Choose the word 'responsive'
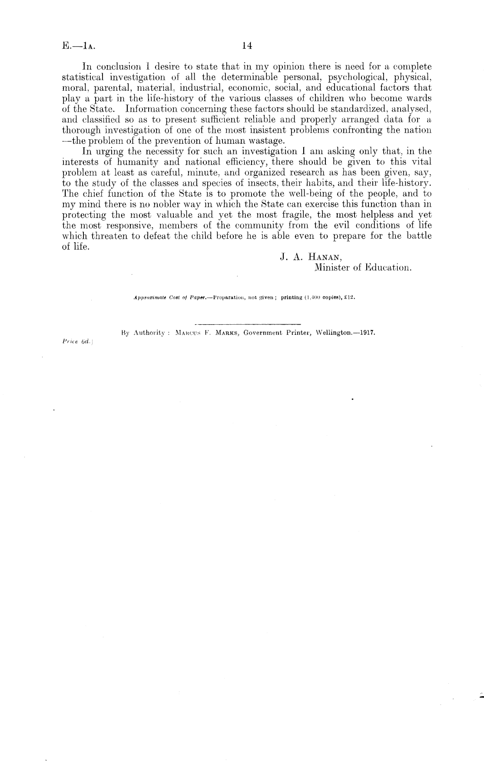pyautogui.click(x=127, y=225)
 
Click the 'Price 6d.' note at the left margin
pyautogui.click(x=75, y=342)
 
